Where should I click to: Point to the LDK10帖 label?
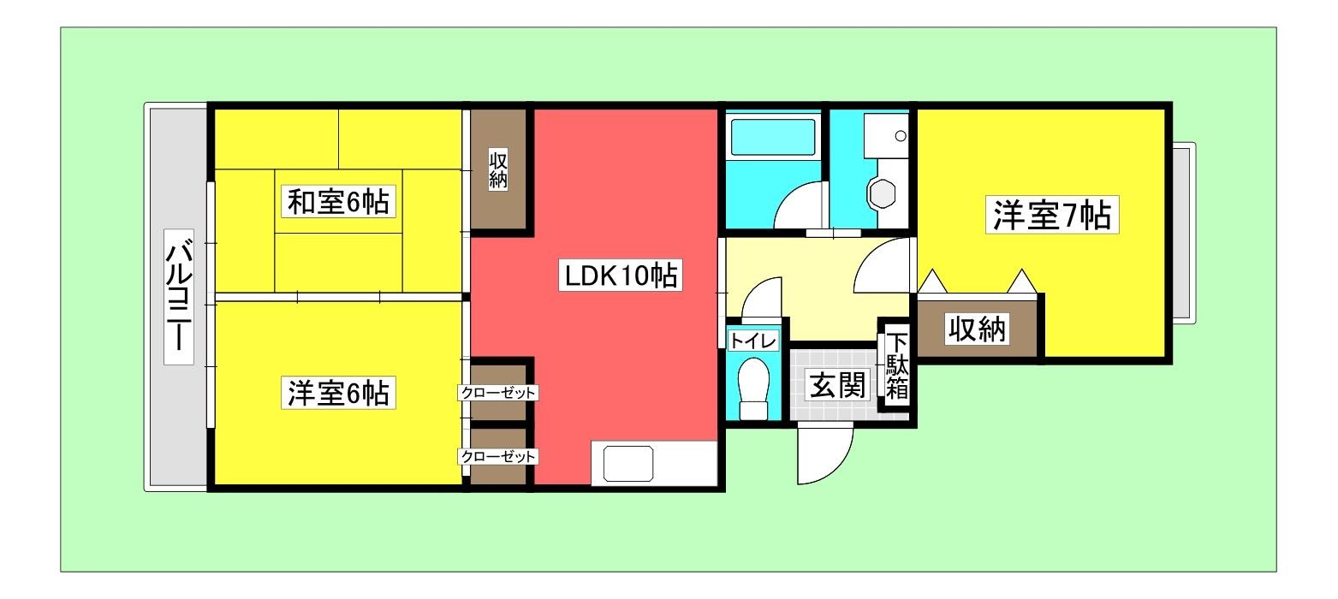click(619, 276)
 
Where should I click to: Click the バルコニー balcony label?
click(178, 296)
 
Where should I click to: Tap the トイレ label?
click(752, 341)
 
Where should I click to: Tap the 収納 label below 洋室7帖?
click(976, 329)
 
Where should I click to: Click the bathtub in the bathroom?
click(772, 137)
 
